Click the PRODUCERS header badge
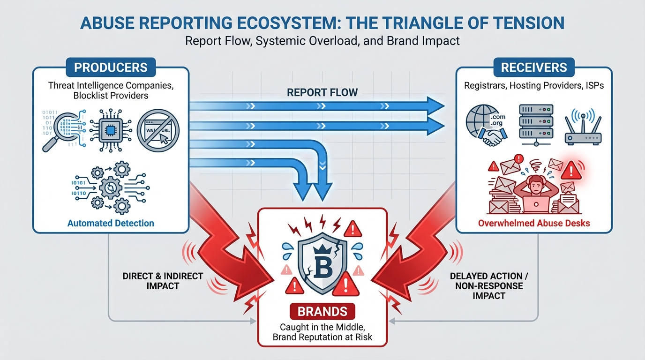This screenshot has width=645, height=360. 111,67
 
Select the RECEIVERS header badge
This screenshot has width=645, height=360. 534,67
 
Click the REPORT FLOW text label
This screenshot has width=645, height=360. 322,92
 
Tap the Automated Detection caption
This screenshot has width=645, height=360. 111,223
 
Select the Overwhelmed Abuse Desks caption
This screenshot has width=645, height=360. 534,223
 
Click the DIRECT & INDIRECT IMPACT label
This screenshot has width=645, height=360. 163,280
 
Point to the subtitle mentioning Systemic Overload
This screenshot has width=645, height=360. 322,40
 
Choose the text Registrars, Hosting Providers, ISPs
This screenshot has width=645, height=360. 534,86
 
